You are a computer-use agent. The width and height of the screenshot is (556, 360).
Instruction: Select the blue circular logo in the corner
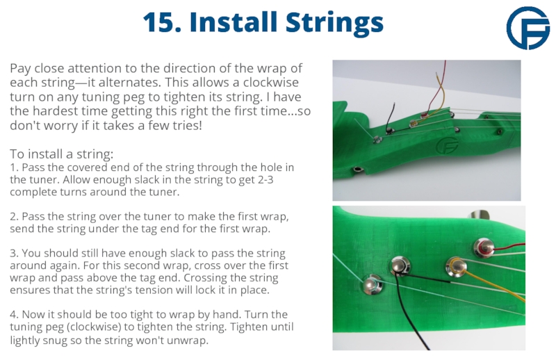point(528,28)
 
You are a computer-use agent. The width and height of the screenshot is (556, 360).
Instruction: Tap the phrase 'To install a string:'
point(62,154)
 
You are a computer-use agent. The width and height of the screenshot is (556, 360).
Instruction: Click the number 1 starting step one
point(13,167)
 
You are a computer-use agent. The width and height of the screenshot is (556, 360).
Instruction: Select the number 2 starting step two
point(13,216)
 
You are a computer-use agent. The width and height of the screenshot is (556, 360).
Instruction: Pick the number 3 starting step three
point(13,253)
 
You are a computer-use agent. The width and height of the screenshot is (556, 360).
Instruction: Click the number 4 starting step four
point(13,315)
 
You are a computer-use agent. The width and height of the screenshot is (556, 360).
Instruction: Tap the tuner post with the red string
point(484,247)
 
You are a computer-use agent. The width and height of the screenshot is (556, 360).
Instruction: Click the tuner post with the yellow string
point(456,266)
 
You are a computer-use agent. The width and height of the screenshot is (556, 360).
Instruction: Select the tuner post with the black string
point(400,266)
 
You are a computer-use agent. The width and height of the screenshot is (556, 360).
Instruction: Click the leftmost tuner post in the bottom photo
point(373,284)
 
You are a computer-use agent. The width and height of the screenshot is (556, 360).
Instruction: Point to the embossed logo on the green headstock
point(447,145)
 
